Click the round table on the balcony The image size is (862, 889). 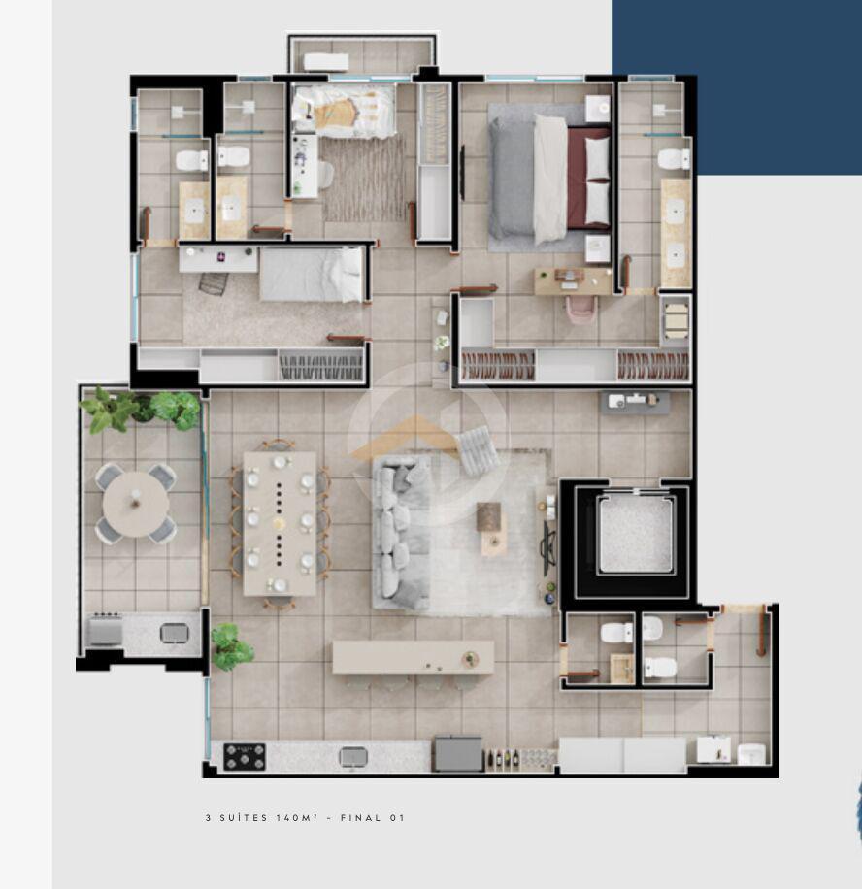click(x=136, y=504)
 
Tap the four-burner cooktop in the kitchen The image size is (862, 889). click(x=245, y=757)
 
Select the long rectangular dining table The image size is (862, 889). click(x=280, y=523)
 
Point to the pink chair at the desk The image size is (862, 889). click(x=581, y=309)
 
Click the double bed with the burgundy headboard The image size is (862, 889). click(x=549, y=179)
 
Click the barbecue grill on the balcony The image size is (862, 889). click(x=106, y=630)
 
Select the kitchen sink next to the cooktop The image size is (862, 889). click(x=352, y=757)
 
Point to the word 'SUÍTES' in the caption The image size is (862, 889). click(x=244, y=817)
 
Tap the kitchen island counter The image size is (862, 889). click(x=413, y=657)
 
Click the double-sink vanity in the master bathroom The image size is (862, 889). click(x=676, y=234)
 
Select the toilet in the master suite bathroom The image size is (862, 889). click(x=674, y=159)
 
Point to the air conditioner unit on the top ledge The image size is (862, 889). click(x=325, y=61)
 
